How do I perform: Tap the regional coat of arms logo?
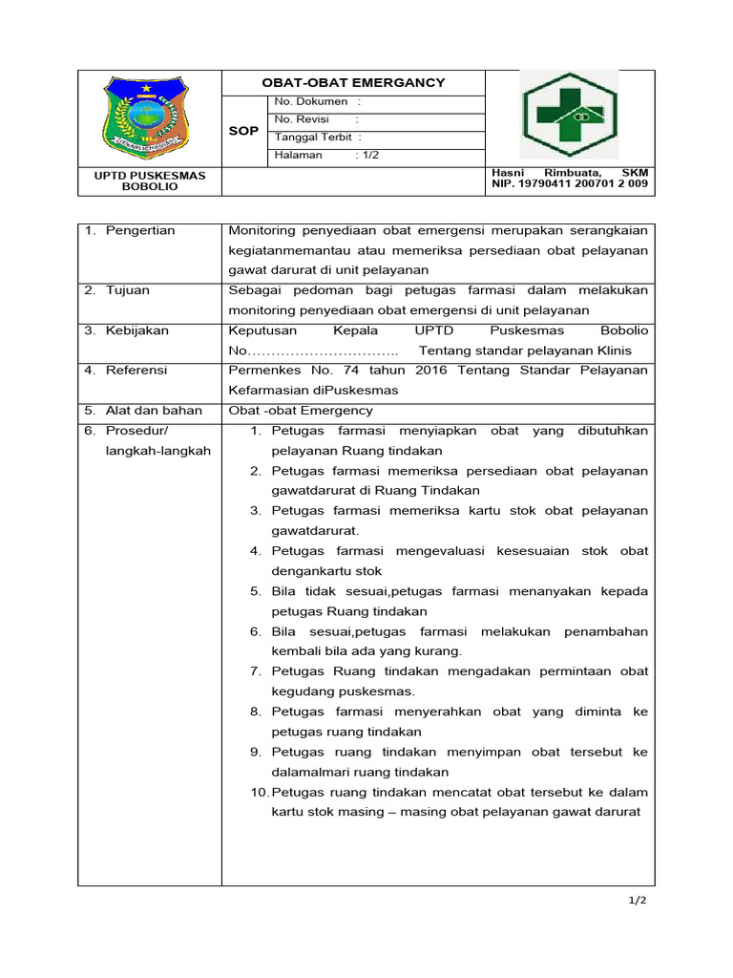pos(147,119)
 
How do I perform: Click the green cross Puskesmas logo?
pos(569,115)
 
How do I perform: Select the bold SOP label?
pos(243,131)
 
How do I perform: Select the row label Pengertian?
pos(140,231)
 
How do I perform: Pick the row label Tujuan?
pos(128,290)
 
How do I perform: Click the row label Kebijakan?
pos(137,330)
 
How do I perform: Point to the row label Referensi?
pos(136,371)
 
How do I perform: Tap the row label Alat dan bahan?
pos(154,411)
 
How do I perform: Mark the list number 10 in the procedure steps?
pos(259,792)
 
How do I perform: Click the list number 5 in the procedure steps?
pos(256,591)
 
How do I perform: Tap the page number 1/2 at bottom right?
pos(637,901)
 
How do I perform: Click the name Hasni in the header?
pos(508,172)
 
